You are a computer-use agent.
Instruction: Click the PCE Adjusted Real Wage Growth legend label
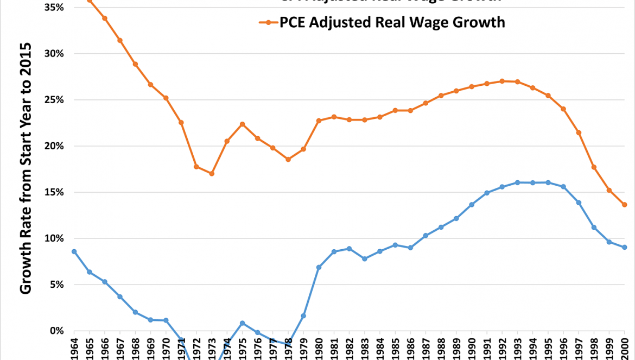click(x=392, y=22)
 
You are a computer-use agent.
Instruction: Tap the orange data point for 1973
click(x=212, y=174)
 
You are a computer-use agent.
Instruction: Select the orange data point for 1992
click(x=502, y=81)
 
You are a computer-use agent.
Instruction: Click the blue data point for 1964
click(x=74, y=251)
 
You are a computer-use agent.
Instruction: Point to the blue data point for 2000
click(x=625, y=247)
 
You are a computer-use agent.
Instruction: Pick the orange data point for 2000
click(x=625, y=205)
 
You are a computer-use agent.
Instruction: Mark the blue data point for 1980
click(x=319, y=267)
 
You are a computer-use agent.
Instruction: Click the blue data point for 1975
click(x=242, y=323)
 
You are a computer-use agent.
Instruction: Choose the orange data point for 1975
click(x=242, y=124)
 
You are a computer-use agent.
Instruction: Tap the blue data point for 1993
click(x=517, y=182)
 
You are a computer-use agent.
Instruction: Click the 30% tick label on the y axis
click(x=55, y=54)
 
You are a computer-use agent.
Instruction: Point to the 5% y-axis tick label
click(x=58, y=285)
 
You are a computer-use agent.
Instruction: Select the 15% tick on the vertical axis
click(x=55, y=192)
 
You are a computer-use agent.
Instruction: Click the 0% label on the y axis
click(x=58, y=331)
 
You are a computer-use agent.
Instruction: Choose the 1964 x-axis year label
click(x=74, y=348)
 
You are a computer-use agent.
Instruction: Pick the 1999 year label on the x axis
click(x=609, y=348)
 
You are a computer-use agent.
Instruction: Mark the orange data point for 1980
click(x=319, y=121)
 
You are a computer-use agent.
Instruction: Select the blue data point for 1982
click(x=349, y=249)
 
